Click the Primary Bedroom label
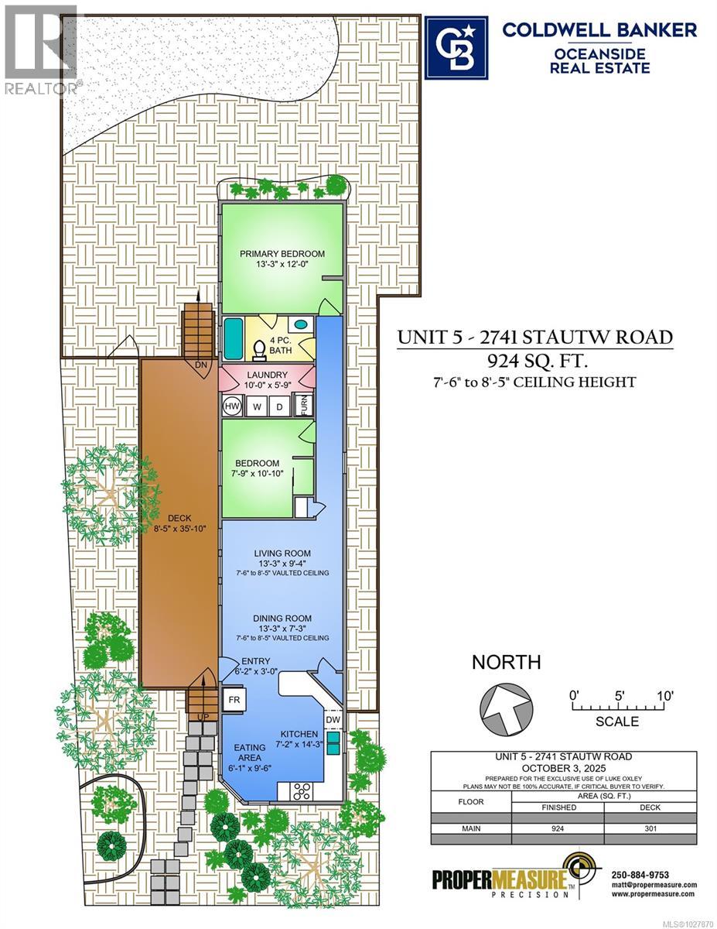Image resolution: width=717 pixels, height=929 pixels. (x=282, y=253)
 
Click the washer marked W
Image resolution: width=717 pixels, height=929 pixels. (x=257, y=405)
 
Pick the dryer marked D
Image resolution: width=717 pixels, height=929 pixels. (x=279, y=405)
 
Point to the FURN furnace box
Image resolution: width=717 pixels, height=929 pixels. (x=306, y=405)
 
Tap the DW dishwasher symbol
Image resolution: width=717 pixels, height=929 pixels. (x=332, y=721)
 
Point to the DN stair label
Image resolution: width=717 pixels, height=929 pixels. (x=200, y=365)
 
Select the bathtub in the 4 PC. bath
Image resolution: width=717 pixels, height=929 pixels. (x=232, y=336)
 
